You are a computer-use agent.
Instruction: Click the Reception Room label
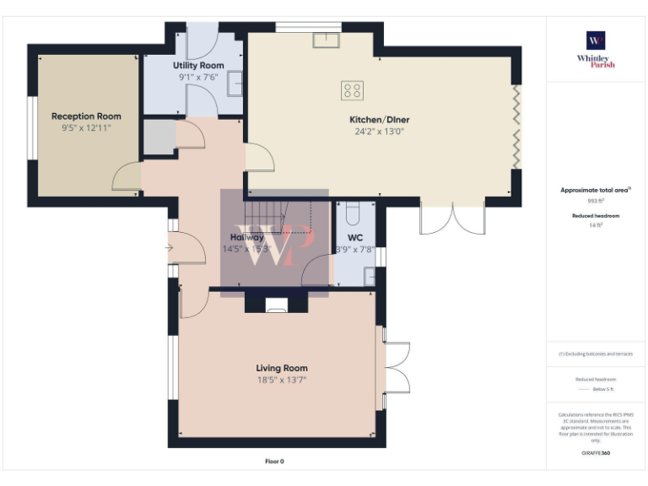[86, 116]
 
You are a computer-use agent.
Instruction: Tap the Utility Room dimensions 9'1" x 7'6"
[198, 77]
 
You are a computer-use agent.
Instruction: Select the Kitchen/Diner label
[380, 120]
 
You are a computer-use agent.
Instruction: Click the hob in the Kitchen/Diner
[352, 89]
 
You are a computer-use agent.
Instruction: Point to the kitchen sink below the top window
[326, 40]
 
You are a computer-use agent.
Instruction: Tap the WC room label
[355, 238]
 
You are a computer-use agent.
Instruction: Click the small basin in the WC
[370, 274]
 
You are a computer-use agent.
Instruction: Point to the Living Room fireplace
[277, 305]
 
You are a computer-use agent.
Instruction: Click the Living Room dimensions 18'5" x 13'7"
[282, 381]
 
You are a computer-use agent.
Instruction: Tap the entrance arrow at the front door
[170, 248]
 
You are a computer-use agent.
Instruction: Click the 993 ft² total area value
[596, 202]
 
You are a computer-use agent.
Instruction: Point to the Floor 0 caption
[275, 462]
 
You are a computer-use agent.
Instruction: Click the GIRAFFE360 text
[596, 454]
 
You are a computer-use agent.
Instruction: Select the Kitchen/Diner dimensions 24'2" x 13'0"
[380, 132]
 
